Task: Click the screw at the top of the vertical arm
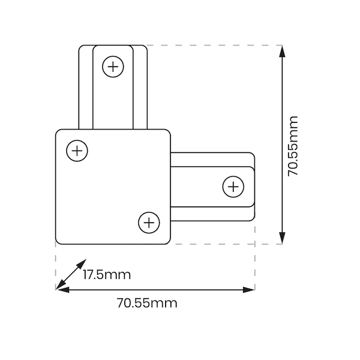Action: (113, 67)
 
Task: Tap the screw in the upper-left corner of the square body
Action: (77, 151)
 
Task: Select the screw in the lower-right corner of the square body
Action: (149, 223)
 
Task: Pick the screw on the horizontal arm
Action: (233, 187)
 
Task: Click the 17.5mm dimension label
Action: (107, 275)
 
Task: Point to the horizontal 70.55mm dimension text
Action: (147, 303)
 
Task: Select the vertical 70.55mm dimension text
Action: (293, 146)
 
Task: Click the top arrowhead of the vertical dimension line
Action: (282, 51)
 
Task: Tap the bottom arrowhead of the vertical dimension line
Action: (282, 238)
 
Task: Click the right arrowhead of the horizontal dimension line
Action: (249, 290)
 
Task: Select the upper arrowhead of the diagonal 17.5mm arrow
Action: (82, 263)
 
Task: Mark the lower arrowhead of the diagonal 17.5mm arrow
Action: (61, 285)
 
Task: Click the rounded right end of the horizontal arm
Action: (254, 187)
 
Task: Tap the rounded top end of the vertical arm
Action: (113, 46)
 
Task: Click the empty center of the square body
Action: (113, 187)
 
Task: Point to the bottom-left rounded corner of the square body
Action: (58, 242)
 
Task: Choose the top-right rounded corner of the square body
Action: (169, 131)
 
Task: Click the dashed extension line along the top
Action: (215, 45)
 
